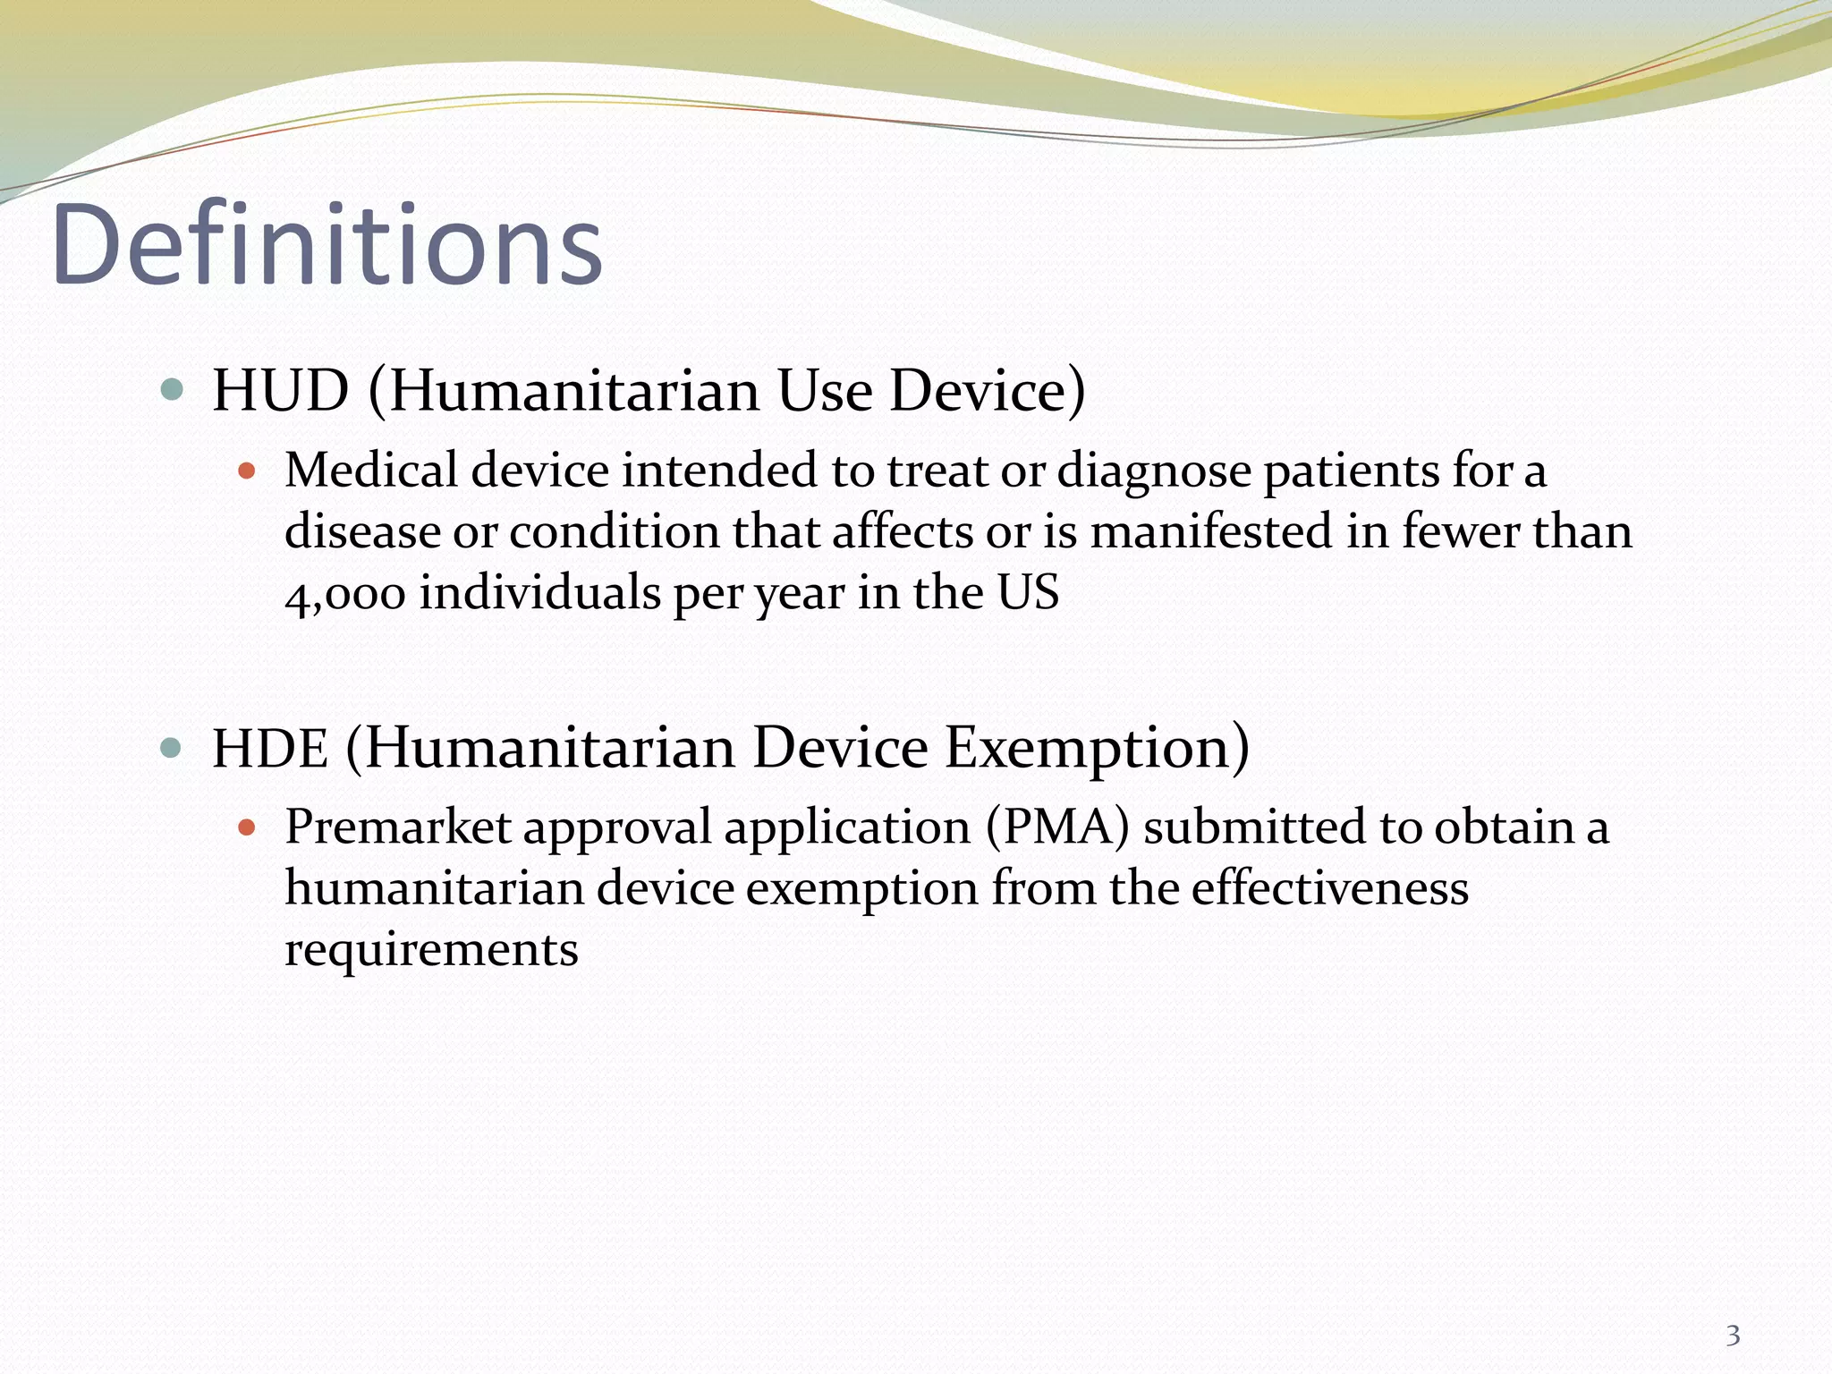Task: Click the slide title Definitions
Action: (x=327, y=246)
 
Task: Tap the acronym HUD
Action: (x=280, y=391)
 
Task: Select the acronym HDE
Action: (x=270, y=748)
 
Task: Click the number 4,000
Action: (x=345, y=594)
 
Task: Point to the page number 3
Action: (x=1733, y=1336)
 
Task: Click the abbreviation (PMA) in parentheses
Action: (x=1057, y=827)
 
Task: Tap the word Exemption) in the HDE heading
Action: (x=1098, y=748)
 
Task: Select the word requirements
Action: (x=431, y=949)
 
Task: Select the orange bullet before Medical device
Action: (x=248, y=471)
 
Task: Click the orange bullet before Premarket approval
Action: (x=248, y=827)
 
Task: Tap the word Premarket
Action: (x=397, y=827)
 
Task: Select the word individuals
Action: (x=539, y=593)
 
